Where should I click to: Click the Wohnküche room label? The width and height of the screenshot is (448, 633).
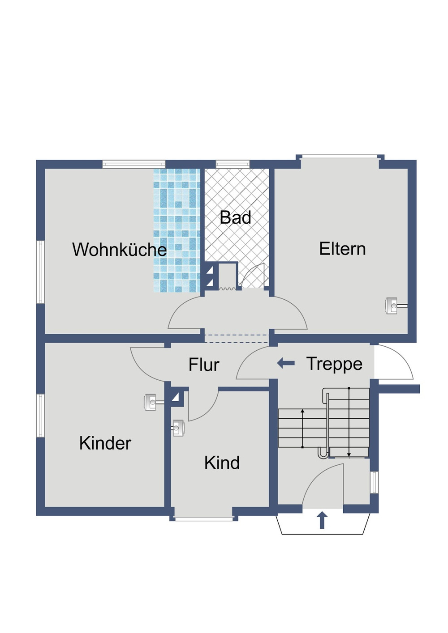pyautogui.click(x=119, y=250)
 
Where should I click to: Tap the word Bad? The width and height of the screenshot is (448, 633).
pyautogui.click(x=235, y=218)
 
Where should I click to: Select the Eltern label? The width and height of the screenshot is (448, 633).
pyautogui.click(x=342, y=249)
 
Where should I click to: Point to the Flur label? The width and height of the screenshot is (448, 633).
pyautogui.click(x=204, y=365)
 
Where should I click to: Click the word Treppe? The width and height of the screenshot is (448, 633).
pyautogui.click(x=334, y=364)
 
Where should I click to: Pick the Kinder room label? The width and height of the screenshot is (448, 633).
pyautogui.click(x=105, y=443)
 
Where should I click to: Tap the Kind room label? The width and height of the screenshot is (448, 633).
pyautogui.click(x=222, y=463)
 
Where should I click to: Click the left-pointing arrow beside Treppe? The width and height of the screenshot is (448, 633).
pyautogui.click(x=286, y=363)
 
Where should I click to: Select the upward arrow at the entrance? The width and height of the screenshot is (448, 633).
pyautogui.click(x=322, y=520)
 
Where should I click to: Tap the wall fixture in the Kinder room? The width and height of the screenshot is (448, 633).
pyautogui.click(x=151, y=402)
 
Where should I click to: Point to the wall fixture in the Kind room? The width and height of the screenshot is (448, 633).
pyautogui.click(x=178, y=428)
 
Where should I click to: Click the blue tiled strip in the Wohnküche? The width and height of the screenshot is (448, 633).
pyautogui.click(x=177, y=230)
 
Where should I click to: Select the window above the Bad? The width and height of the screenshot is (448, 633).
pyautogui.click(x=233, y=164)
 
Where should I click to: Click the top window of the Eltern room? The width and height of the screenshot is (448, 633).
pyautogui.click(x=339, y=157)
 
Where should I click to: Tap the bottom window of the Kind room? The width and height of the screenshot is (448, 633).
pyautogui.click(x=204, y=519)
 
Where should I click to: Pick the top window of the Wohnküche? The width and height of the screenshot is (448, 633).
pyautogui.click(x=134, y=164)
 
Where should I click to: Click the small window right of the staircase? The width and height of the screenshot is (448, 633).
pyautogui.click(x=374, y=482)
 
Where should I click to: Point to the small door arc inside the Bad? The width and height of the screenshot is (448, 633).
pyautogui.click(x=254, y=275)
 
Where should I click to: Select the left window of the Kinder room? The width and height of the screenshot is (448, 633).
pyautogui.click(x=40, y=415)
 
